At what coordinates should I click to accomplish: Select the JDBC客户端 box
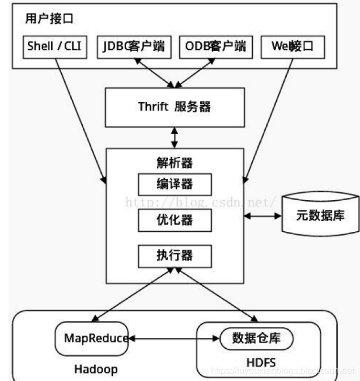click(x=134, y=47)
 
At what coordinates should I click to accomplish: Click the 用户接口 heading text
click(x=50, y=19)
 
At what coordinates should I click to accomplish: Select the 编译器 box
click(x=175, y=184)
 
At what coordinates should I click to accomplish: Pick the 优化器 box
click(x=175, y=219)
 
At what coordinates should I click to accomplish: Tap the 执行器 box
click(x=175, y=255)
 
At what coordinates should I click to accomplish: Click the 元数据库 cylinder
click(x=320, y=216)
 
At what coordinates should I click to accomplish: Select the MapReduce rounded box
click(x=92, y=338)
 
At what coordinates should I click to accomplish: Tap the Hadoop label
click(x=96, y=370)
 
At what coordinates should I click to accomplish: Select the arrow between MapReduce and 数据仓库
click(x=173, y=339)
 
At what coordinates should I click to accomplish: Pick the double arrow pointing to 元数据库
click(x=262, y=216)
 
